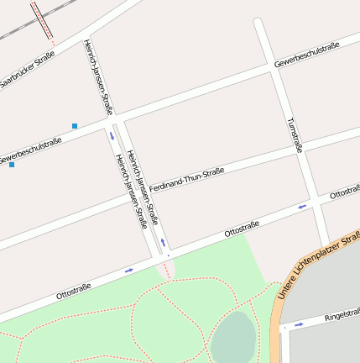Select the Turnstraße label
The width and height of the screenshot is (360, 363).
[x=294, y=135]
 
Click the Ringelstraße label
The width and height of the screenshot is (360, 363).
[x=342, y=315]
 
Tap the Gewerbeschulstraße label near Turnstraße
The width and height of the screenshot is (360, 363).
[x=306, y=53]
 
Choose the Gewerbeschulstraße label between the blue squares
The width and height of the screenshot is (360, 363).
[x=31, y=150]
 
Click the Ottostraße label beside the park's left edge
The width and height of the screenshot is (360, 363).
[x=73, y=292]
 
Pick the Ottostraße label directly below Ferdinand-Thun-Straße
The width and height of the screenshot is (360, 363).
[x=242, y=229]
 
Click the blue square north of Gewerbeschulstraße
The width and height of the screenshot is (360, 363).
[x=75, y=126]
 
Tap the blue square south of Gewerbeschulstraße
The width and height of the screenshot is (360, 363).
[x=12, y=165]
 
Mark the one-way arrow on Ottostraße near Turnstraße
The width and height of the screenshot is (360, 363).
[x=303, y=205]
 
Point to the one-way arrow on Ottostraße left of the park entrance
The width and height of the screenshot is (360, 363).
[x=129, y=270]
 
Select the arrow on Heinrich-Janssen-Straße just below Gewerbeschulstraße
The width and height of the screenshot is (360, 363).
[x=112, y=135]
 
